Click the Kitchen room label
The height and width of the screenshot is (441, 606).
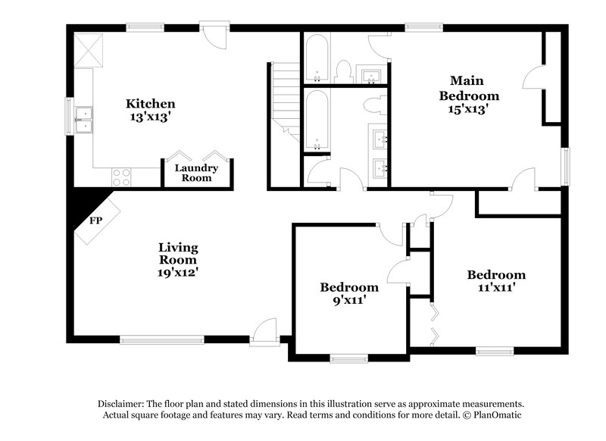point(151,104)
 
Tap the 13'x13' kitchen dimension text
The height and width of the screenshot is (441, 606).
point(151,117)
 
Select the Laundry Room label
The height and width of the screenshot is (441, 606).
point(196,173)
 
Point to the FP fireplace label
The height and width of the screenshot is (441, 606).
point(95,221)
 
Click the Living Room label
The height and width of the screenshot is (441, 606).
point(178,254)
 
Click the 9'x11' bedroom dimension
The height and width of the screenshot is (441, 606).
point(348,301)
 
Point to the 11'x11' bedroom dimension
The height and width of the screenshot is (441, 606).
point(495,288)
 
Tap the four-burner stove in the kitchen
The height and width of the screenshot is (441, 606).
point(121,177)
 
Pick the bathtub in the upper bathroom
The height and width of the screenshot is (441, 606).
point(316,57)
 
